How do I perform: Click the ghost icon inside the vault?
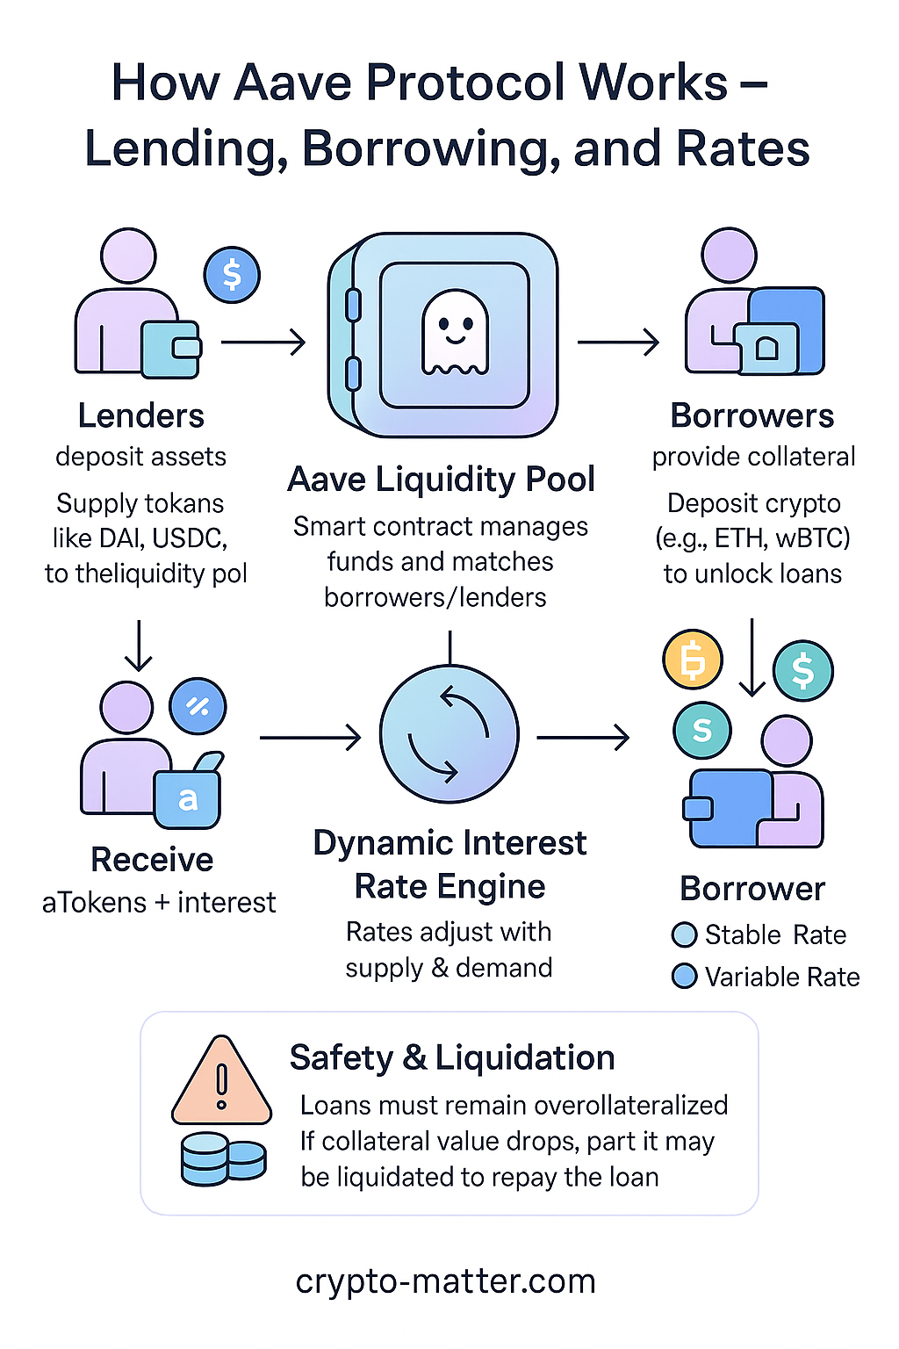(x=455, y=333)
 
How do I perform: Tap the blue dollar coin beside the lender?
(x=232, y=275)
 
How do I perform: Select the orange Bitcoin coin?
(x=693, y=659)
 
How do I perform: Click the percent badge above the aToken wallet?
(x=198, y=706)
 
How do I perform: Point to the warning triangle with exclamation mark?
(x=221, y=1082)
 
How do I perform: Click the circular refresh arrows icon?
(x=449, y=734)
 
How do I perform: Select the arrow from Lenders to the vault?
(x=263, y=342)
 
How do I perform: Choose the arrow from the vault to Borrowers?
(x=618, y=342)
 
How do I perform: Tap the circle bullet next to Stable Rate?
(x=684, y=934)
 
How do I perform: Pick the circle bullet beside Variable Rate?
(x=684, y=977)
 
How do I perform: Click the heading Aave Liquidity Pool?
(x=441, y=480)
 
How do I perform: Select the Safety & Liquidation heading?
(x=452, y=1057)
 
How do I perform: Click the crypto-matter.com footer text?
(x=446, y=1281)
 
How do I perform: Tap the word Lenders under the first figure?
(x=141, y=415)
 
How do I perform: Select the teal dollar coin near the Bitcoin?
(x=802, y=671)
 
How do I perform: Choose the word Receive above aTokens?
(x=152, y=860)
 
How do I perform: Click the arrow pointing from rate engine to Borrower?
(x=583, y=737)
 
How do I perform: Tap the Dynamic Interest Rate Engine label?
(x=449, y=864)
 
